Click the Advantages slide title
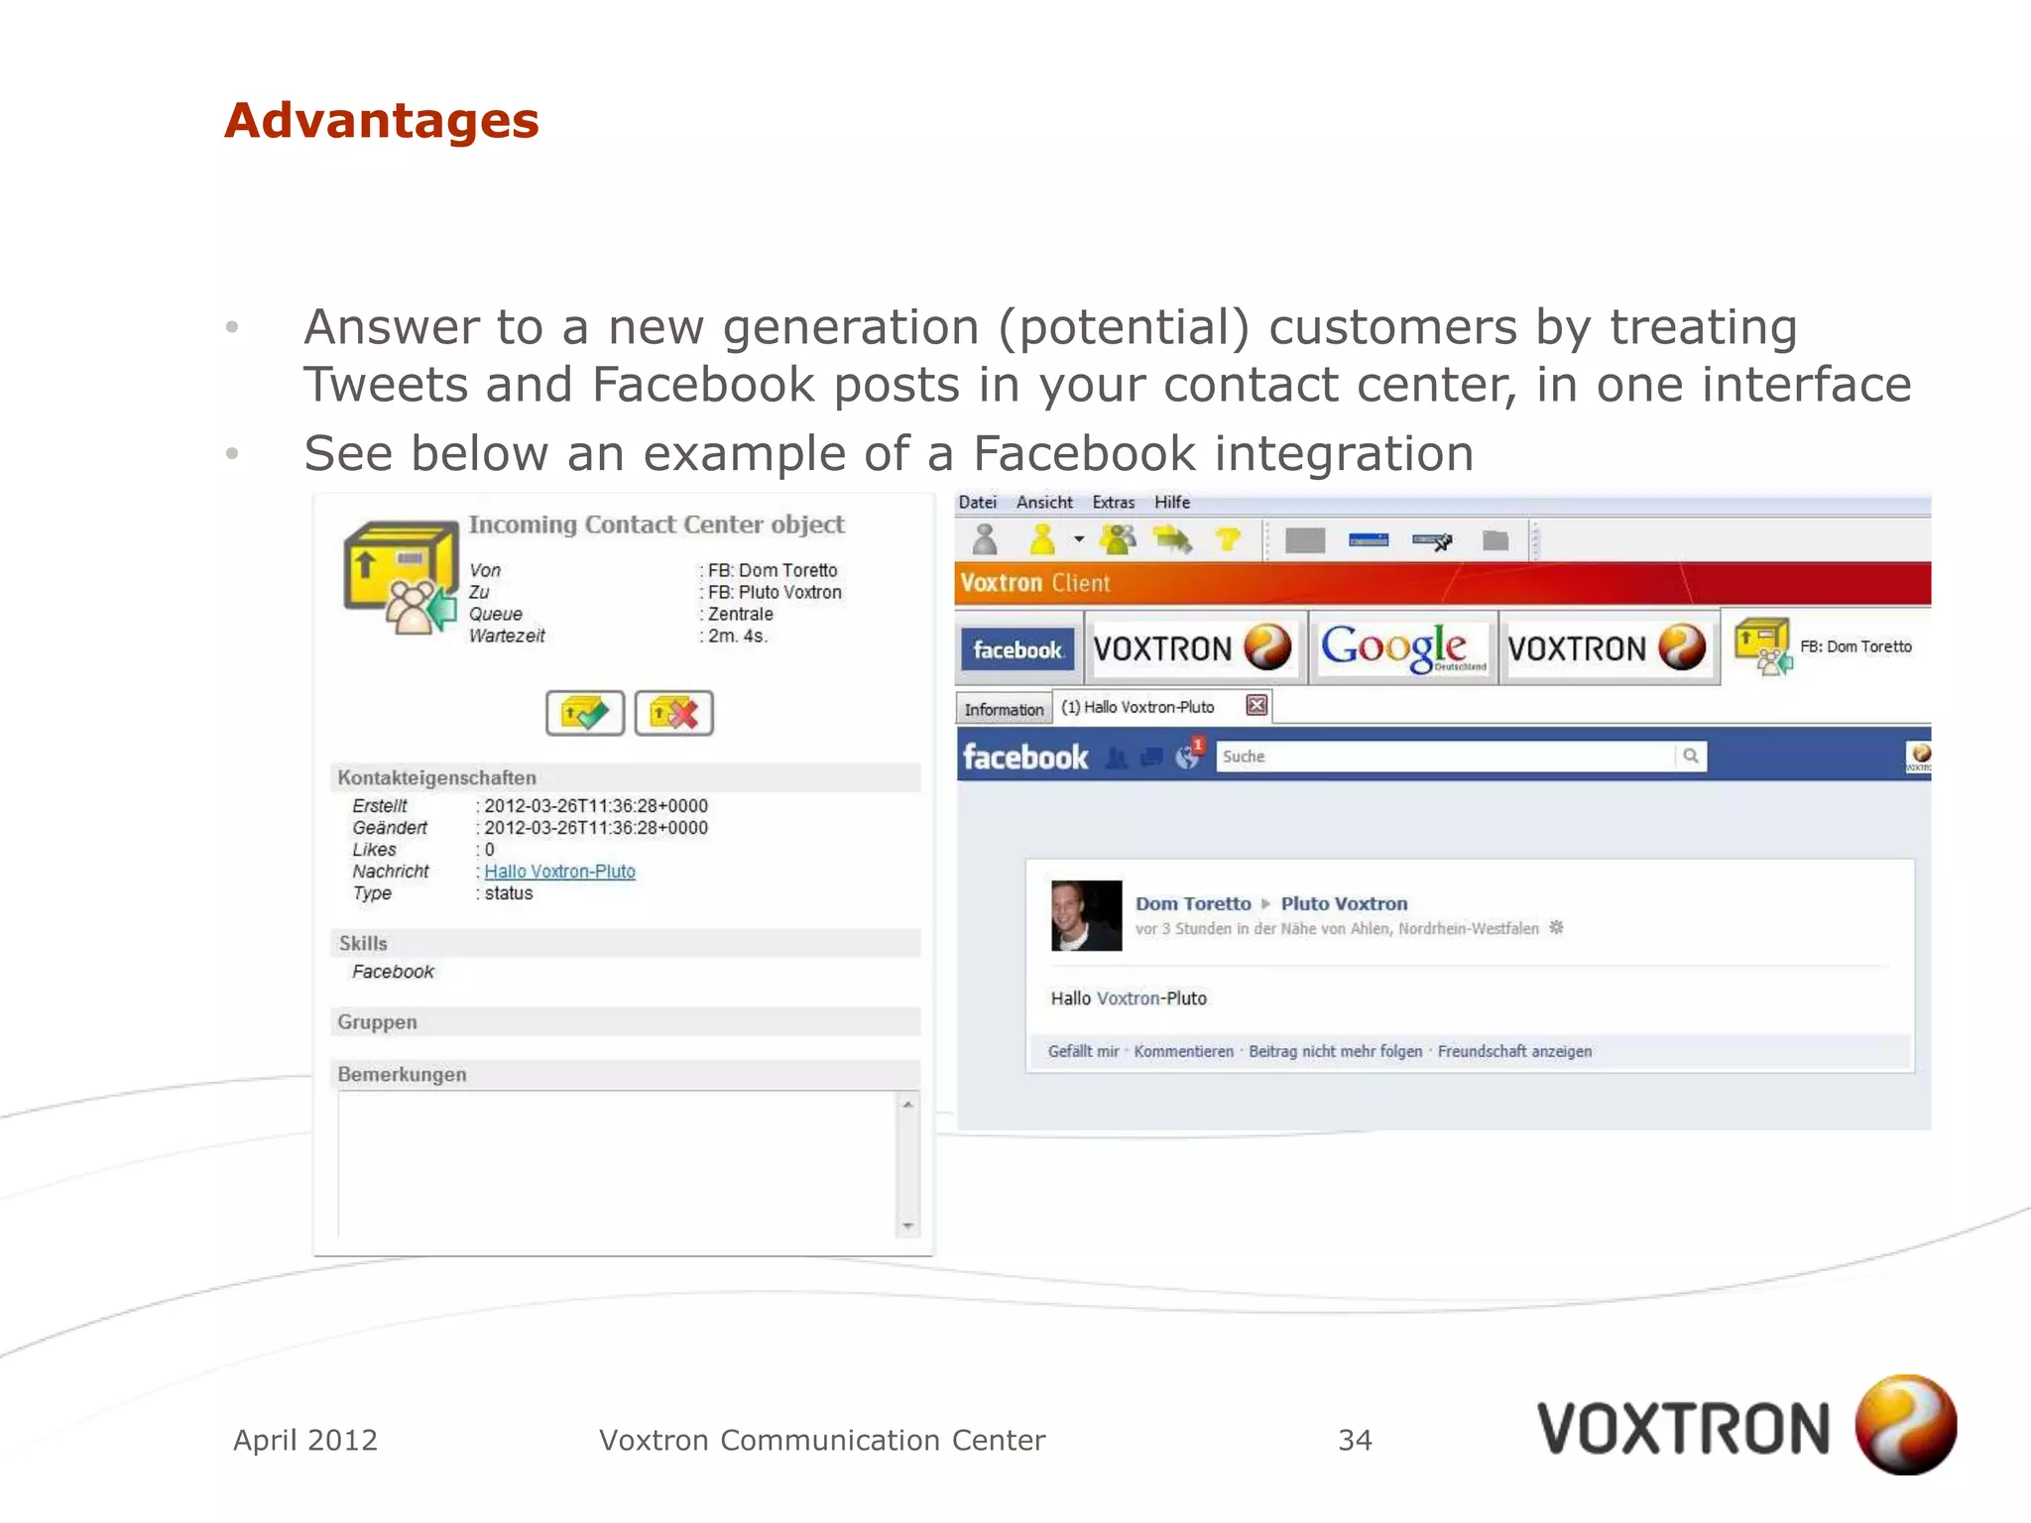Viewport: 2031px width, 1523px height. point(382,121)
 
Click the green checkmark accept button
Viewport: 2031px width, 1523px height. point(585,713)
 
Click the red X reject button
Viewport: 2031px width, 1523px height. point(674,713)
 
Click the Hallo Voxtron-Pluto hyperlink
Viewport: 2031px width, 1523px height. point(559,872)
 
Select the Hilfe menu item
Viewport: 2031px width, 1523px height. point(1171,503)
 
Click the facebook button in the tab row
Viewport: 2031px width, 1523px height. point(1017,650)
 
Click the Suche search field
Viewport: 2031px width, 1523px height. point(1444,757)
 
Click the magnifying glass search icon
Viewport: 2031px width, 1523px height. point(1691,757)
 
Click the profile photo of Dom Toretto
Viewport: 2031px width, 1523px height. point(1087,915)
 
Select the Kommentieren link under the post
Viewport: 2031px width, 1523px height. point(1183,1051)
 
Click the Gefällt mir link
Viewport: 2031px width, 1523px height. point(1083,1051)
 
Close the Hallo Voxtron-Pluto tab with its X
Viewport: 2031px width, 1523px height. point(1256,705)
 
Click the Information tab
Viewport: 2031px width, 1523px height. point(1004,710)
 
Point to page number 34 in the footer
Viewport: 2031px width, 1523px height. point(1355,1440)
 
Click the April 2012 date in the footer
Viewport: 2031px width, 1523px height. point(305,1440)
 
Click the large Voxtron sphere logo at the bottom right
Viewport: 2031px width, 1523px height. point(1905,1425)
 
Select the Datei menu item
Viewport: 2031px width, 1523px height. point(977,503)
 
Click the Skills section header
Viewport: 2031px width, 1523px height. point(364,943)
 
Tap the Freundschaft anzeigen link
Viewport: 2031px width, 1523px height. point(1514,1051)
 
